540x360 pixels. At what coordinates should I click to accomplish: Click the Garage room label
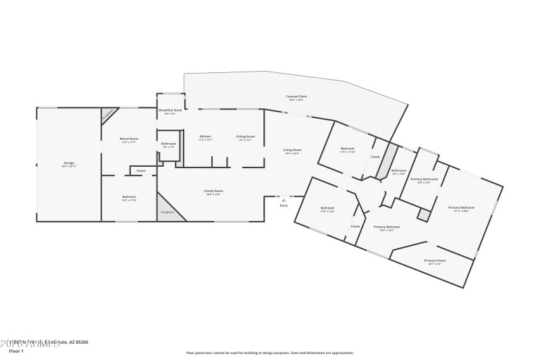coord(69,163)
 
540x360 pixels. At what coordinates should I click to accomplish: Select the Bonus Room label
coord(129,140)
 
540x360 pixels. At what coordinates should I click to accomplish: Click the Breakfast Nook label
coord(170,110)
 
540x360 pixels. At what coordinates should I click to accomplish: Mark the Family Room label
coord(213,191)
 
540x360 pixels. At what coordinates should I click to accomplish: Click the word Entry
coord(283,205)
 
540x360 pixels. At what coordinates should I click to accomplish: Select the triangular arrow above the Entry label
coord(283,200)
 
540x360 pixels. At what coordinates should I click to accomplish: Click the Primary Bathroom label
coord(425,179)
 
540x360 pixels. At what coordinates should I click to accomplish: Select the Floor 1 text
coord(16,351)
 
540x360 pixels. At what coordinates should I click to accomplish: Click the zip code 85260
coord(80,342)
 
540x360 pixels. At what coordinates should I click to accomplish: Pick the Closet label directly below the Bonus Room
coord(141,171)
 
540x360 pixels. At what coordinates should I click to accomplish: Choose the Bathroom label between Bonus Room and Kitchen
coord(169,143)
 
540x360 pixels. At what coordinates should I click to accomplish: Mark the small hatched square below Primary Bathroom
coord(423,214)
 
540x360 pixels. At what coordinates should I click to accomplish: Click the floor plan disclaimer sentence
coord(269,353)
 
